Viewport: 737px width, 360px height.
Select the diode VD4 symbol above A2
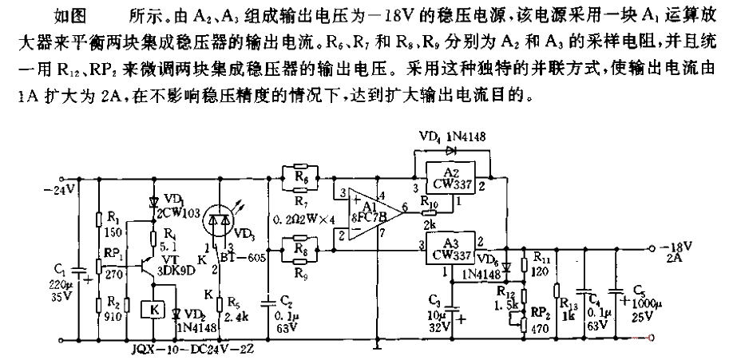pos(453,150)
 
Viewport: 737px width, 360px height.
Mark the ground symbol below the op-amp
pos(374,345)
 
